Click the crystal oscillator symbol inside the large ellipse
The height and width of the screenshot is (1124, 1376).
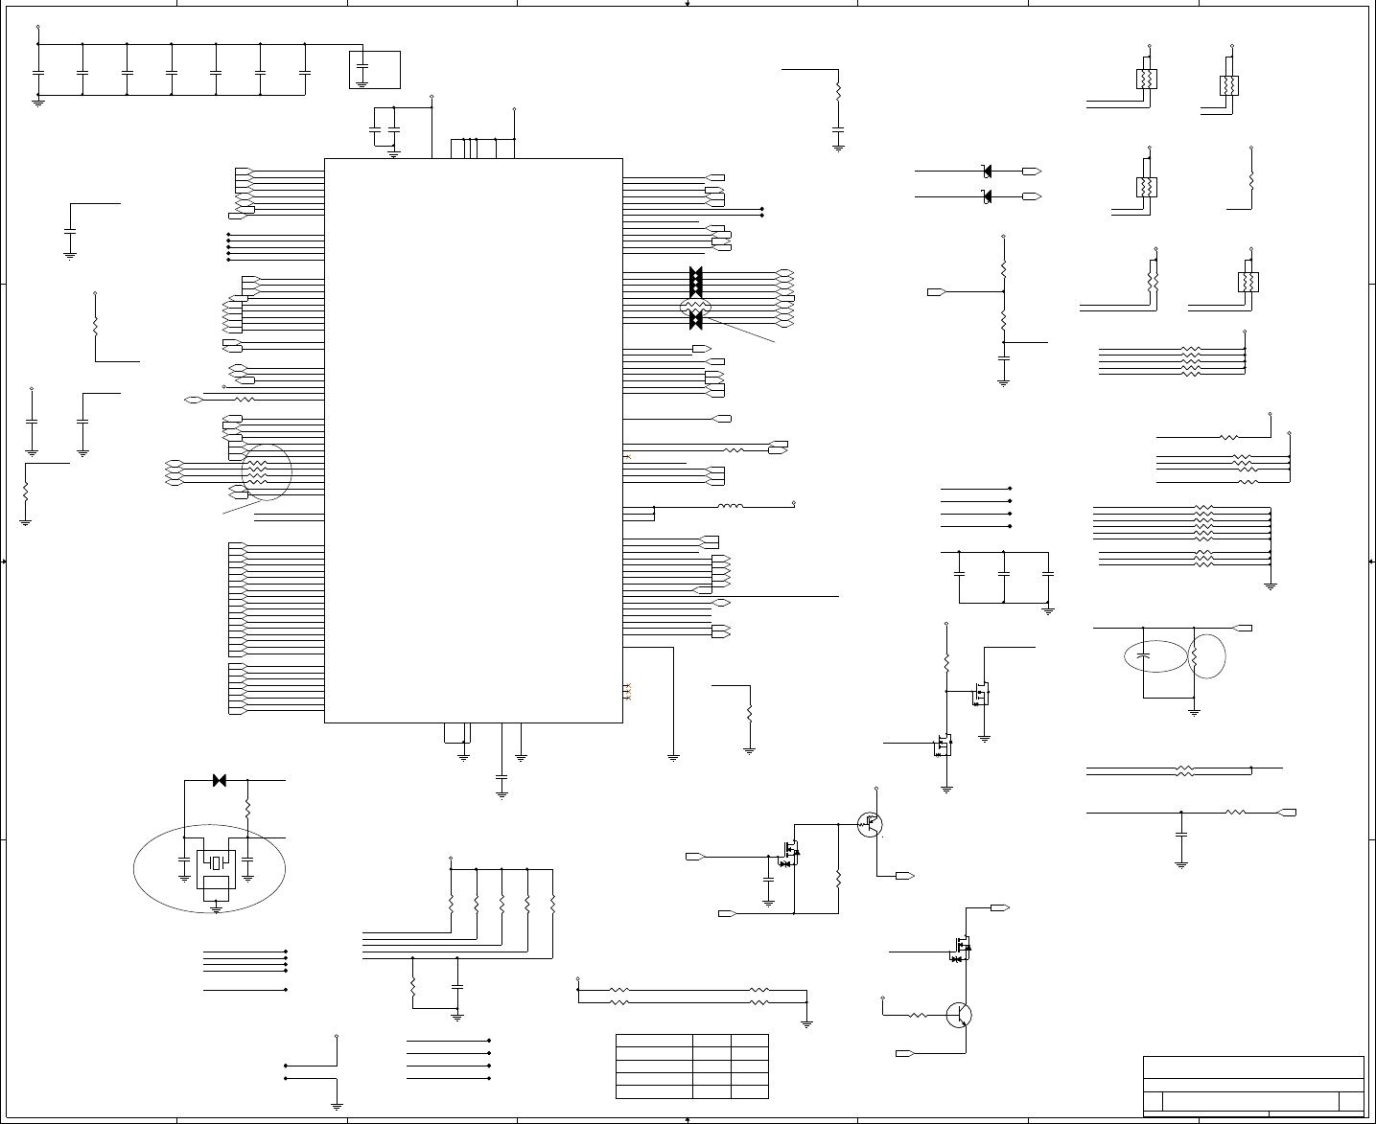click(216, 860)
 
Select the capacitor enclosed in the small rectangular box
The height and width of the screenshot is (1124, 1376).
click(362, 71)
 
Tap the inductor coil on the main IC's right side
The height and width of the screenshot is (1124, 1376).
click(731, 505)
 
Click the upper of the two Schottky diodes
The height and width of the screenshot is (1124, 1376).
click(988, 172)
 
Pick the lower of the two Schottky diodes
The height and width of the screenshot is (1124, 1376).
click(988, 196)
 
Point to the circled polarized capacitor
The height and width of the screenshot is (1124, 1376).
click(1143, 656)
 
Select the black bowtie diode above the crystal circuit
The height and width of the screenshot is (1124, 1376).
click(219, 781)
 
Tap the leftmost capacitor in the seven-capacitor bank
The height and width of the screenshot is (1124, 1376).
click(38, 72)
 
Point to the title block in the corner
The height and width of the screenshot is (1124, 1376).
click(1253, 1085)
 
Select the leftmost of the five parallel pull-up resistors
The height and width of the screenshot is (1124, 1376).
click(451, 903)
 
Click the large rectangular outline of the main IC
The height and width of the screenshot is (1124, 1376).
click(474, 440)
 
